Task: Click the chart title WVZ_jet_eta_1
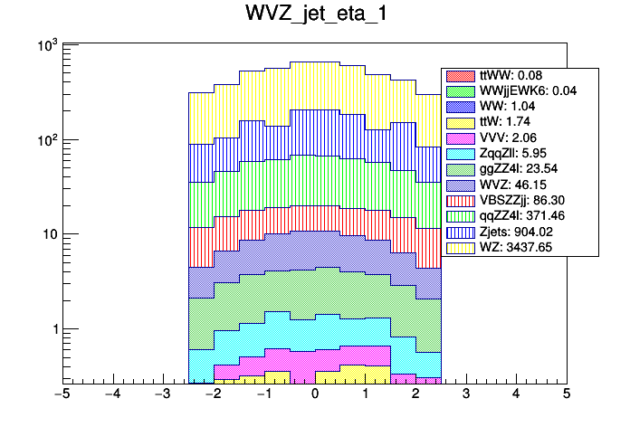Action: [314, 15]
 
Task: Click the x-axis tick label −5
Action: [62, 395]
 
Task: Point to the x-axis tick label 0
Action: [314, 395]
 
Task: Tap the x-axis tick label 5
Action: [566, 395]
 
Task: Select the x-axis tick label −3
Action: [163, 395]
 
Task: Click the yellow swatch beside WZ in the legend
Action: [461, 247]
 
